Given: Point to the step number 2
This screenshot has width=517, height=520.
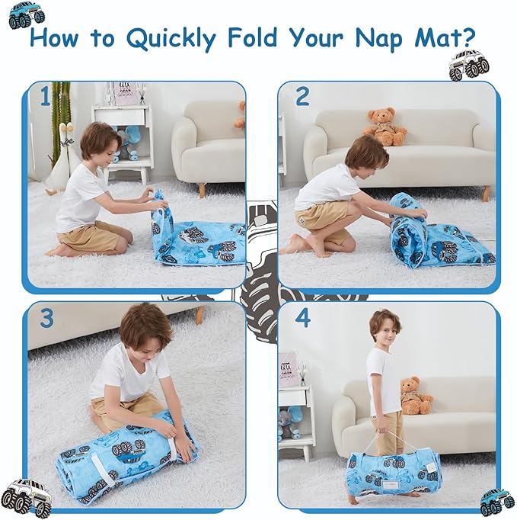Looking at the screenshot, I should click(x=302, y=97).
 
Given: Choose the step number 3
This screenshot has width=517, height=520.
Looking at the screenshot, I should click(x=46, y=317).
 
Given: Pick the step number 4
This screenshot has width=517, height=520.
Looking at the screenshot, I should click(x=303, y=317).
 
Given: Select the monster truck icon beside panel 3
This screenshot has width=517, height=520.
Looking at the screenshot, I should click(x=26, y=497).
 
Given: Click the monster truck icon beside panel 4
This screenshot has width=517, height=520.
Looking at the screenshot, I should click(x=496, y=501).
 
